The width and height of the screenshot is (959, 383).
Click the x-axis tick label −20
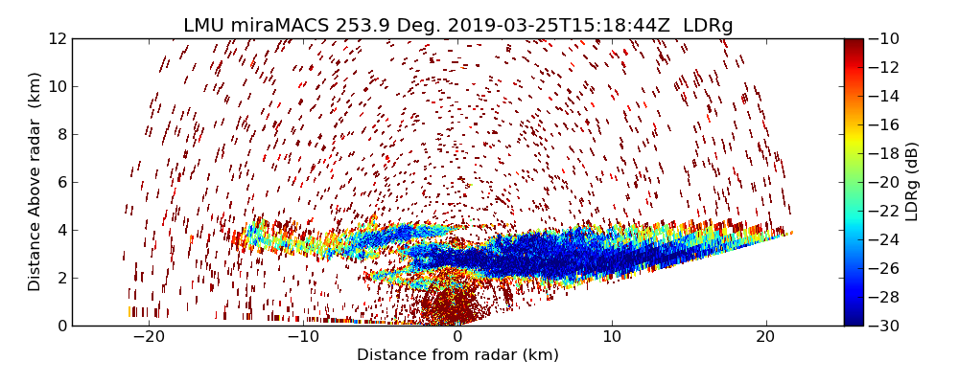[149, 337]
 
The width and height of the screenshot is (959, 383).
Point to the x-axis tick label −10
[303, 337]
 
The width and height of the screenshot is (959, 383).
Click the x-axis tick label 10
[612, 337]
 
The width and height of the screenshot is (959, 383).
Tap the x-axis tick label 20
[765, 337]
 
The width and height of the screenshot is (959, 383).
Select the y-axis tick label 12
[57, 38]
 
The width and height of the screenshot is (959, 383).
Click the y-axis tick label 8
[60, 134]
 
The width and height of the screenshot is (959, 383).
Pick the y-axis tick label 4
[60, 230]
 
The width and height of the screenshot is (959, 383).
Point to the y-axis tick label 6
[60, 182]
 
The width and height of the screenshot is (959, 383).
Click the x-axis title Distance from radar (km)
[457, 355]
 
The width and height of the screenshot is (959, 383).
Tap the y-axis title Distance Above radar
[35, 181]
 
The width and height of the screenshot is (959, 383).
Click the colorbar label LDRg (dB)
[912, 181]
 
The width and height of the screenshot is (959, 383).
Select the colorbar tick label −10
[885, 38]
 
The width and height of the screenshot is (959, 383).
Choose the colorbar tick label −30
[885, 326]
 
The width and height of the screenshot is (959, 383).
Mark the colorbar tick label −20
[885, 182]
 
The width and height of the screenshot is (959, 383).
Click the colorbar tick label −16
[885, 124]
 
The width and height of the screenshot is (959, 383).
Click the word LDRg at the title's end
[708, 26]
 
